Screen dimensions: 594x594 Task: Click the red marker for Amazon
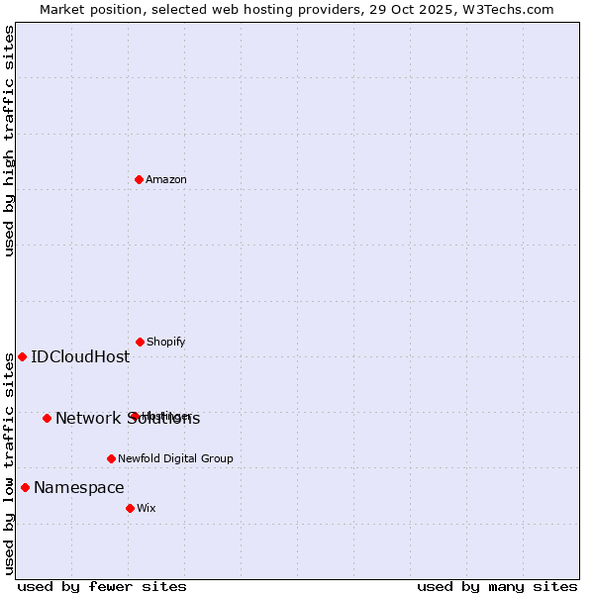tap(140, 179)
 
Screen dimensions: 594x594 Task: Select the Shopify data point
tap(140, 342)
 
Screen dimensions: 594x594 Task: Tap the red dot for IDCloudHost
tap(22, 356)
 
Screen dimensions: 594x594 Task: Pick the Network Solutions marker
tap(47, 418)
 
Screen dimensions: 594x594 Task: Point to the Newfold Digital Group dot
tap(111, 458)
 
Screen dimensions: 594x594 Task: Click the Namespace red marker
tap(25, 487)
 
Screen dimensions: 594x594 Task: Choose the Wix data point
tap(130, 508)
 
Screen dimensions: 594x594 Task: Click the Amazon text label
tap(166, 179)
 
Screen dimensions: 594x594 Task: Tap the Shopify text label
tap(165, 342)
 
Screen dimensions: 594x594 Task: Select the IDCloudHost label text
tap(80, 356)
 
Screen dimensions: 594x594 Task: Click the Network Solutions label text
tap(128, 418)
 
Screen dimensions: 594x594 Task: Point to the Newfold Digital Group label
tap(175, 458)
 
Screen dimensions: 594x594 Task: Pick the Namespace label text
tap(79, 487)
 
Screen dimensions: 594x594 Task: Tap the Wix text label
tap(147, 508)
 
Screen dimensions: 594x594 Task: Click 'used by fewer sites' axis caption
tap(102, 586)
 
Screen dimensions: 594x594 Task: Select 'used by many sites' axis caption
tap(497, 586)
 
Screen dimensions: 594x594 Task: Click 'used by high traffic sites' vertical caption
tap(9, 141)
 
